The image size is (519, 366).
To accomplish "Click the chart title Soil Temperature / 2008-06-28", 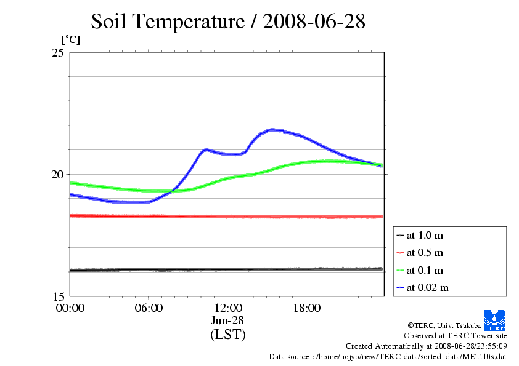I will point(228,22).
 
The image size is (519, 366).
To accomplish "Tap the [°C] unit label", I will point(70,39).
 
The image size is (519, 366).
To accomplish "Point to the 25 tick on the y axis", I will point(59,53).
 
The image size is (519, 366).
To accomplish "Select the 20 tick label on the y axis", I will point(59,175).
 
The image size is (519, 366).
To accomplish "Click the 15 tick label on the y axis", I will point(59,296).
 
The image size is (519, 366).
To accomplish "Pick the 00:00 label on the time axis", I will point(70,308).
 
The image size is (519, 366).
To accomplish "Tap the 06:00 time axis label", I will point(149,308).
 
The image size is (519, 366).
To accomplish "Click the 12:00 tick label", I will point(227,308).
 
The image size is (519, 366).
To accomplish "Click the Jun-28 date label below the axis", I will point(227,320).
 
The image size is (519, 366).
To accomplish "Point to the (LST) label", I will point(227,335).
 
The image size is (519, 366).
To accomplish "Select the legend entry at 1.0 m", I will point(425,235).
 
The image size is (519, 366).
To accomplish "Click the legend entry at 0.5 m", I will point(425,252).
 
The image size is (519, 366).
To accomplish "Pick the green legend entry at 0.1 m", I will point(425,270).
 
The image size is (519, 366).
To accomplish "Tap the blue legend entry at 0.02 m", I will point(427,287).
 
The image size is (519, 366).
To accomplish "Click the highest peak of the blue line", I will point(272,129).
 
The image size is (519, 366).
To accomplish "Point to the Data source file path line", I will point(388,356).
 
